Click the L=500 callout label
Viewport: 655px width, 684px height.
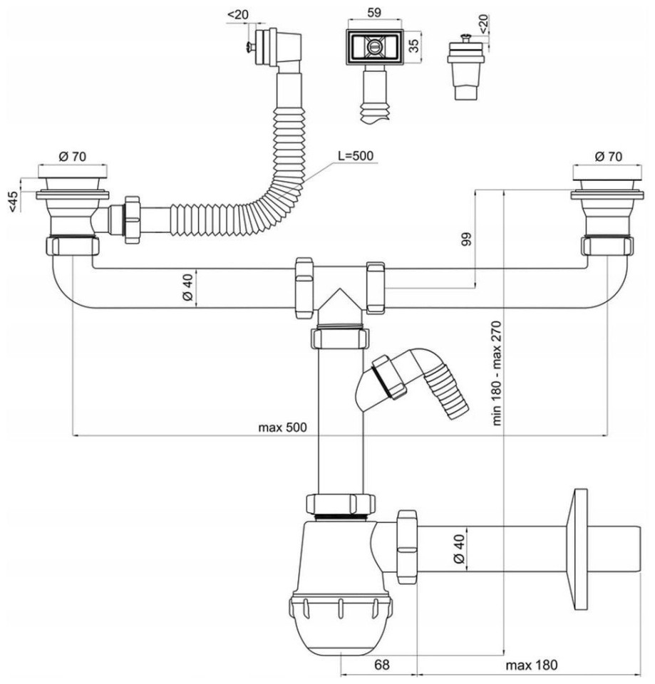(x=355, y=156)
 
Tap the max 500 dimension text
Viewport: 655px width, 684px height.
(x=282, y=427)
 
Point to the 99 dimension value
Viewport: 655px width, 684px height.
(x=466, y=239)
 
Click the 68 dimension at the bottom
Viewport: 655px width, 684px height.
(x=381, y=665)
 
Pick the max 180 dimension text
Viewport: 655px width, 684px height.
(x=532, y=665)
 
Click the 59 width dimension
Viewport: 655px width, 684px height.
(x=374, y=12)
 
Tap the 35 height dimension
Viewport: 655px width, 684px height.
(x=414, y=46)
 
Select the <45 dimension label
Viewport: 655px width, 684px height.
(x=14, y=202)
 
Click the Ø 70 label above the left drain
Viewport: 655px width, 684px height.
(x=73, y=156)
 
